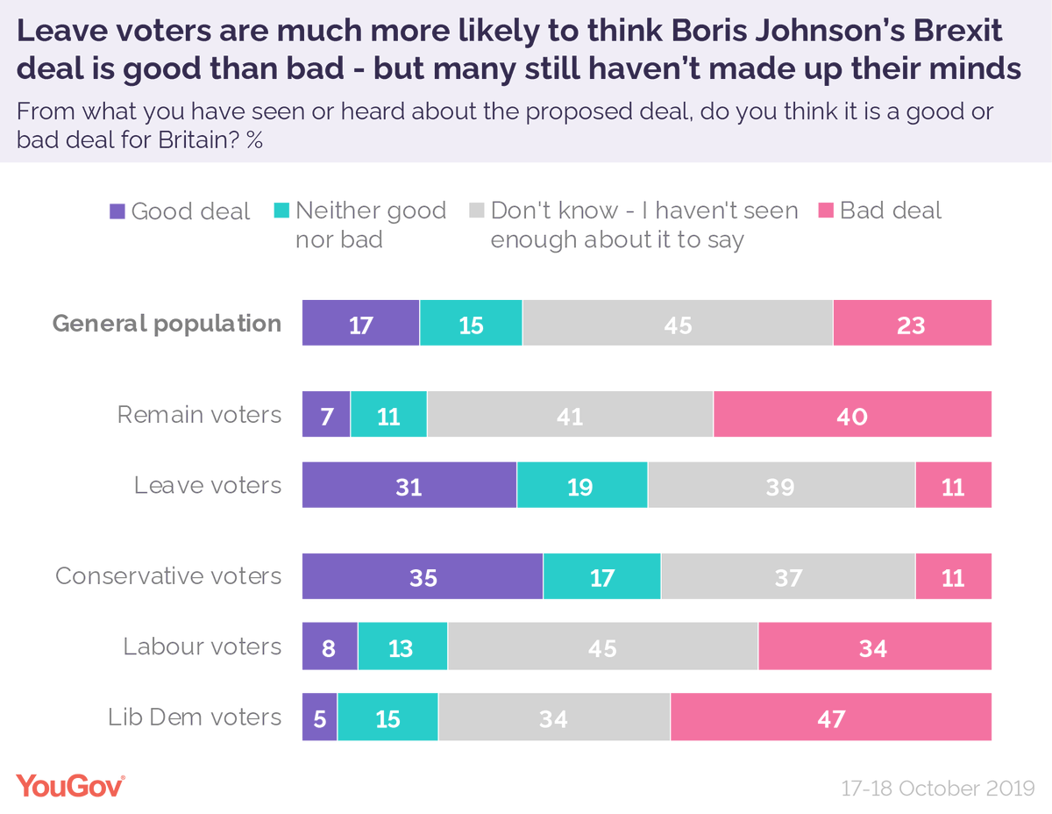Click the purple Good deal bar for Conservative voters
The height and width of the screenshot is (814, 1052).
[x=423, y=576]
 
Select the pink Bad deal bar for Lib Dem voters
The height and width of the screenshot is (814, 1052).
[x=830, y=718]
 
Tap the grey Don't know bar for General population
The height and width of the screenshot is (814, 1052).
[x=678, y=324]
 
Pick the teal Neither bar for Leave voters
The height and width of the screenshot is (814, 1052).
[x=581, y=485]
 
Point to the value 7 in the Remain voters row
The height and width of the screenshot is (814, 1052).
[x=325, y=415]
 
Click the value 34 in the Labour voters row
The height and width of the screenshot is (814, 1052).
[x=873, y=648]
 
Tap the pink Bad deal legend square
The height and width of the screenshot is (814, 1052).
[x=825, y=211]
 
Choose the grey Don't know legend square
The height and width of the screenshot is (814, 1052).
[x=476, y=211]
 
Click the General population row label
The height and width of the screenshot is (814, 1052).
[x=167, y=324]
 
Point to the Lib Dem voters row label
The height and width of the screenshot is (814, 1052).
[x=195, y=718]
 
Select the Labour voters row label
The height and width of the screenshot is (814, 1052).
[x=202, y=647]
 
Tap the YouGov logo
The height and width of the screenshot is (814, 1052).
[x=70, y=785]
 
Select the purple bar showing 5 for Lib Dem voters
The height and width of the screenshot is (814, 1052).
[x=319, y=718]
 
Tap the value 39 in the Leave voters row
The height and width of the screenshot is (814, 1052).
[x=779, y=485]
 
